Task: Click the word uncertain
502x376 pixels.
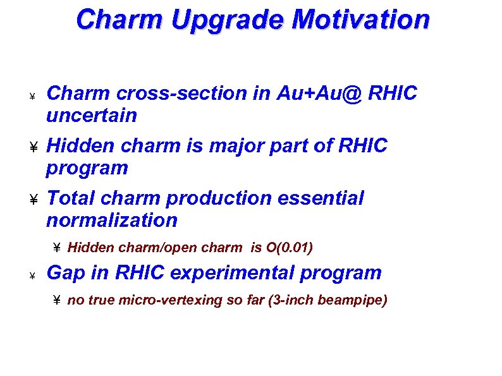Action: [92, 116]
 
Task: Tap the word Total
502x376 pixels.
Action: [71, 198]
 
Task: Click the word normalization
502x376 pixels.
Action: [112, 221]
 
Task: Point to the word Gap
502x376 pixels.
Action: [65, 273]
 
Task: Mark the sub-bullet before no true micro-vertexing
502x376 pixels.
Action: [56, 301]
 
